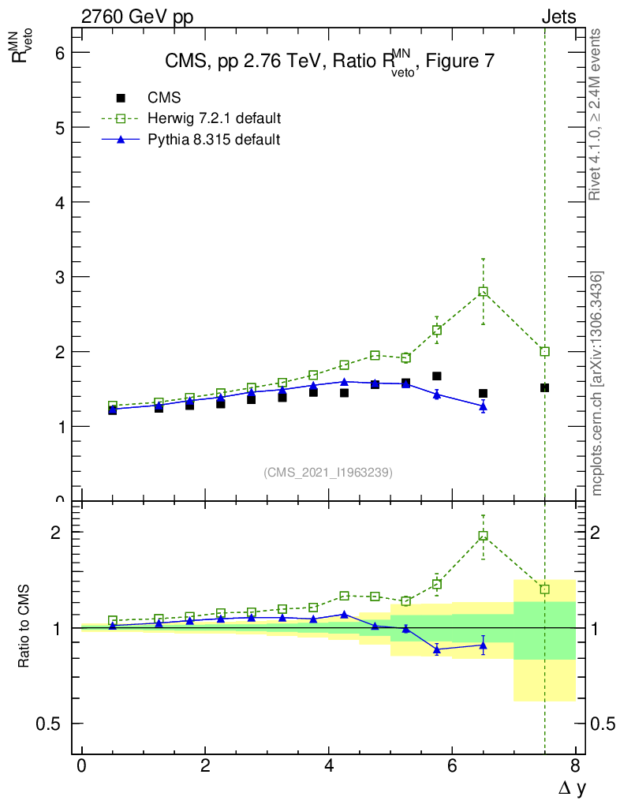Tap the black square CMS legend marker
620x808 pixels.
[121, 98]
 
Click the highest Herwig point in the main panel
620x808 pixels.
[483, 291]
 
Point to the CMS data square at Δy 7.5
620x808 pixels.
[544, 387]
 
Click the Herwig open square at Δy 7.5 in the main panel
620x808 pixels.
[544, 351]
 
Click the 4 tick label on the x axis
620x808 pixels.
[328, 766]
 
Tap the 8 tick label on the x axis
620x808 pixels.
[575, 766]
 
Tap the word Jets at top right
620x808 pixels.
[558, 17]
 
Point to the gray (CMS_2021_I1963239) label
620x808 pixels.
[328, 472]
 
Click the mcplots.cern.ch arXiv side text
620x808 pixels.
[597, 383]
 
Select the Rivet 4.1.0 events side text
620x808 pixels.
[596, 114]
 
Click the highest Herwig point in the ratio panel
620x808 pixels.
[483, 536]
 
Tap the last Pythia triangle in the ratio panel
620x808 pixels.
[483, 645]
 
